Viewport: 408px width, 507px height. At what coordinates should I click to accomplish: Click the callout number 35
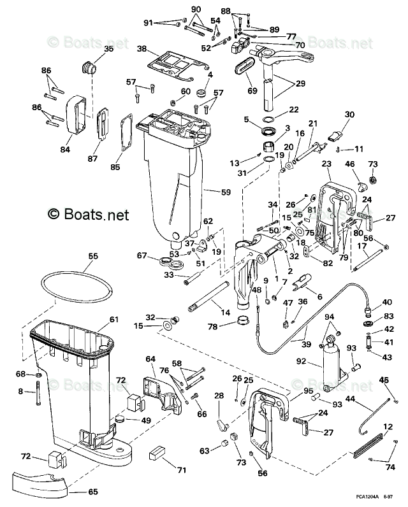(108, 49)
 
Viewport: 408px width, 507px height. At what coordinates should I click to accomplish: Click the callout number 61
(113, 319)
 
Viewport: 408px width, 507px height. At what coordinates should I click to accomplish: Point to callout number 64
(150, 360)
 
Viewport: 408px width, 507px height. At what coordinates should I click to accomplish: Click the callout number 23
(326, 164)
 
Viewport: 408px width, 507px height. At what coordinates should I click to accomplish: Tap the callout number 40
(388, 301)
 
